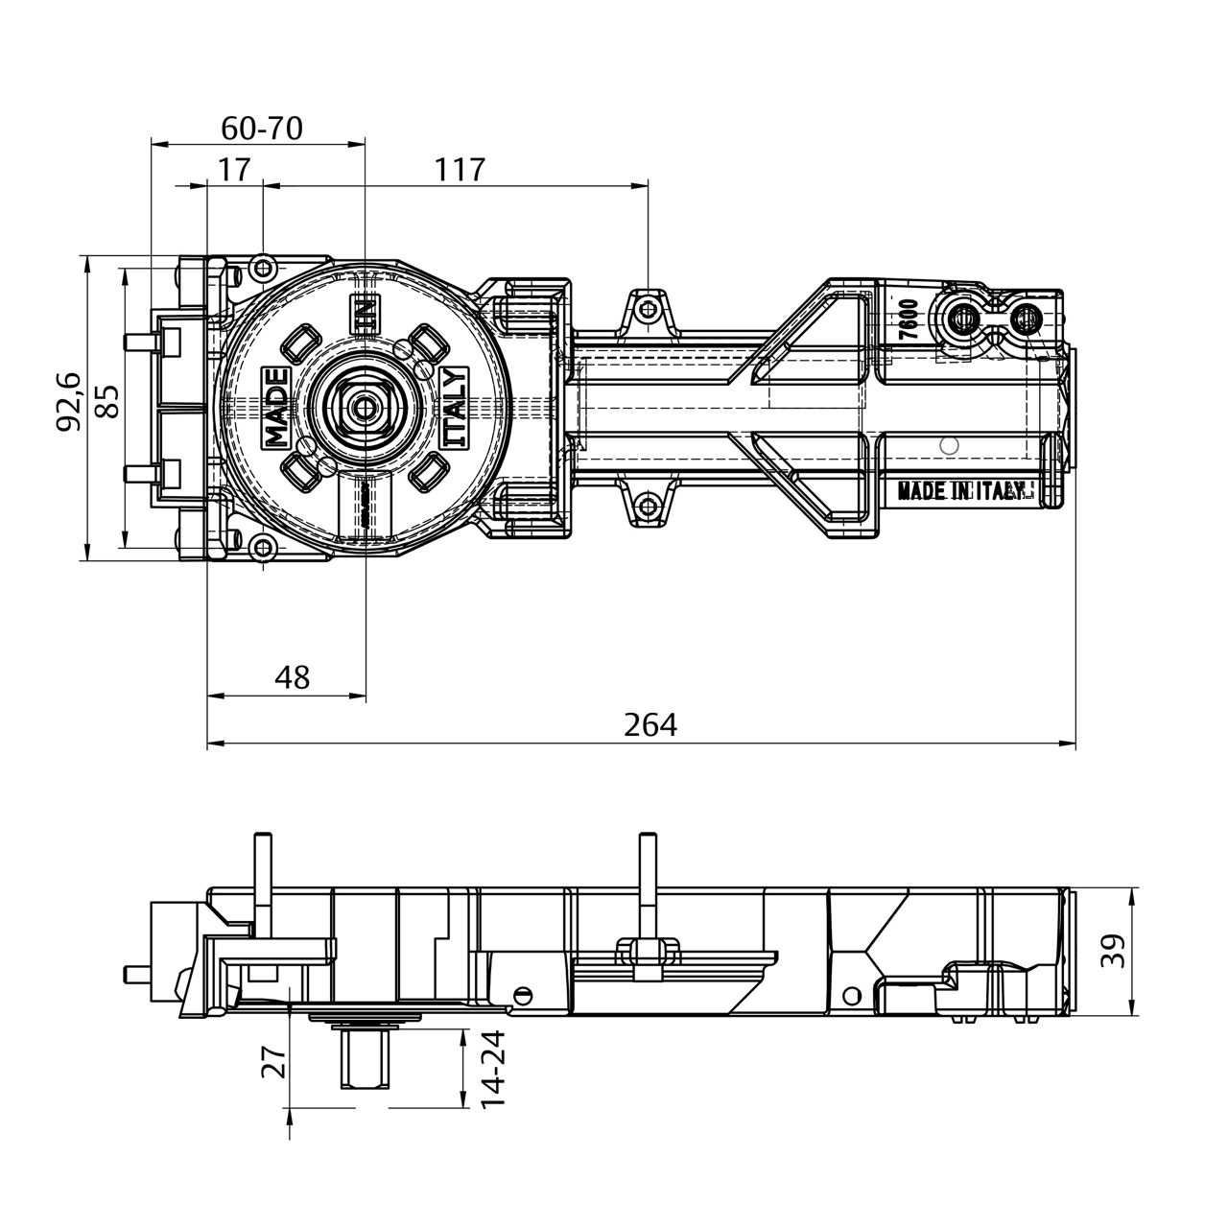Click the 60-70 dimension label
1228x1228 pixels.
click(262, 128)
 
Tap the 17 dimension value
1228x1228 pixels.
click(234, 170)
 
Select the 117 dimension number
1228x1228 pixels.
click(460, 170)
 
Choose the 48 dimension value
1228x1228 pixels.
click(292, 677)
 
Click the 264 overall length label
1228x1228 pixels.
click(650, 725)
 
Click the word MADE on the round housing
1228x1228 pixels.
click(276, 407)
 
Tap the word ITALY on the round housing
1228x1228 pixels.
click(455, 407)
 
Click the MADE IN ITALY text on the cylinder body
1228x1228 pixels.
click(965, 491)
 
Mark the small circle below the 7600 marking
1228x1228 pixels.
click(949, 444)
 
